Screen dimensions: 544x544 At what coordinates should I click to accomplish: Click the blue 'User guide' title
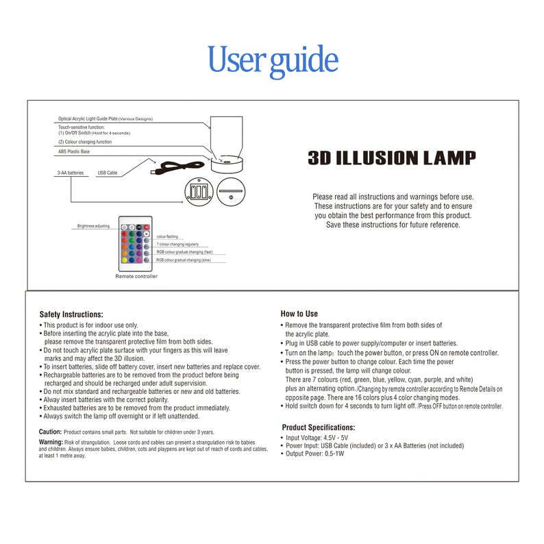272,61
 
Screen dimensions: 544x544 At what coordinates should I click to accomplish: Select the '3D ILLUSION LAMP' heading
391,159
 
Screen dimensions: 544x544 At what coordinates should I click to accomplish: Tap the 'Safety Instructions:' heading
71,314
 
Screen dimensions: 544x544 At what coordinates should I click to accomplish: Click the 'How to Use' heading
299,314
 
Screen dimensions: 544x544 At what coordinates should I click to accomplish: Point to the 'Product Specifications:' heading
319,427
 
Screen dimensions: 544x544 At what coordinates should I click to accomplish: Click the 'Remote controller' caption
136,276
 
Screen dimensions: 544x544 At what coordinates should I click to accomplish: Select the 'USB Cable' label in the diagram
108,173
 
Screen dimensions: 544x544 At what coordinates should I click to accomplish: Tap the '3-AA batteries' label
71,173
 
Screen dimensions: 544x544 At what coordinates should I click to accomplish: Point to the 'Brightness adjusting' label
93,225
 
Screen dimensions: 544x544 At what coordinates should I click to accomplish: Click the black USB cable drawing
182,166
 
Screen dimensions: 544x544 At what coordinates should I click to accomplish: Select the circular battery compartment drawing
199,191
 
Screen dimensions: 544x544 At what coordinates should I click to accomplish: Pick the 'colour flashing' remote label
167,236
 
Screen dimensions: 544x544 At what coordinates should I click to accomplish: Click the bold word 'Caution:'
51,432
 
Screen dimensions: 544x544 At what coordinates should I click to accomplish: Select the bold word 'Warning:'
51,443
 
